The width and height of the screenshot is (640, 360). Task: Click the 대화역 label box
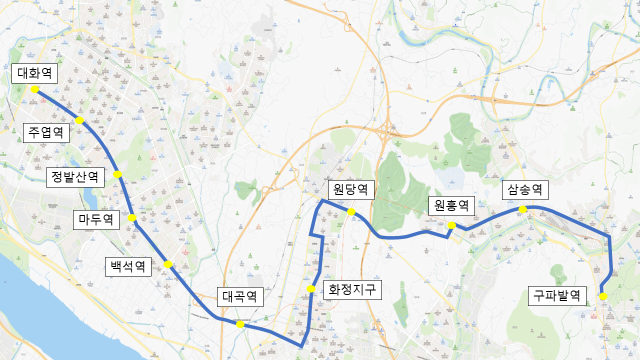click(x=34, y=73)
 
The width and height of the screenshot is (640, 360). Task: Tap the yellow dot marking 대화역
click(x=34, y=89)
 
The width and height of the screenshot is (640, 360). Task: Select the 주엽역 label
click(x=46, y=133)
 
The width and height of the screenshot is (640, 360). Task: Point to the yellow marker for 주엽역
click(x=79, y=120)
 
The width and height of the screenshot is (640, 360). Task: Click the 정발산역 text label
click(x=75, y=177)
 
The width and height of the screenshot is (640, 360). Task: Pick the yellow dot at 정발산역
click(x=117, y=174)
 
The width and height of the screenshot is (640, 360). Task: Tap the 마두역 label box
click(x=96, y=220)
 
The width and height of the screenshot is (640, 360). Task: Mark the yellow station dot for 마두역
click(x=132, y=217)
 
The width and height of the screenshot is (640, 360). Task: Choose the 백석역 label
click(x=128, y=266)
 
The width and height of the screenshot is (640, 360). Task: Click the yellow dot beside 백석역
click(x=168, y=264)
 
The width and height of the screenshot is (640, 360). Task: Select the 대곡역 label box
click(x=240, y=296)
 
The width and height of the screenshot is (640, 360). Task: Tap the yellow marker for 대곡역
click(x=240, y=324)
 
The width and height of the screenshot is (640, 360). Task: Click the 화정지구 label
click(x=352, y=290)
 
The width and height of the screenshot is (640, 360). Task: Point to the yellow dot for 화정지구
click(x=311, y=288)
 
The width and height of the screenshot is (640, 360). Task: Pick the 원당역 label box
click(x=351, y=190)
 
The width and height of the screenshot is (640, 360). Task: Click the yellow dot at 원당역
click(x=351, y=212)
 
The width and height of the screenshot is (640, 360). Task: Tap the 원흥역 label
click(x=451, y=205)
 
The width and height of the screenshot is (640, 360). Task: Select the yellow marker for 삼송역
click(x=522, y=209)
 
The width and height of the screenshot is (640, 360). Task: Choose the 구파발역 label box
click(x=557, y=296)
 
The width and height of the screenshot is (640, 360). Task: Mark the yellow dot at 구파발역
click(x=603, y=296)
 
